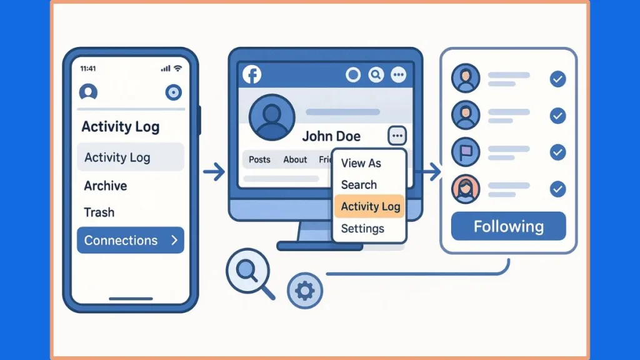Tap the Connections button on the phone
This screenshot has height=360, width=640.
point(130,240)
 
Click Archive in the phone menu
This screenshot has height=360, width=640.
point(106,186)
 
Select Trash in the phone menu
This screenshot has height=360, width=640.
point(99,212)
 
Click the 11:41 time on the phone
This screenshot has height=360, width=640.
point(88,68)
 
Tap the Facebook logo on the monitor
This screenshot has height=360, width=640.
point(251,75)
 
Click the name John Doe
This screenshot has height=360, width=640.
point(340,136)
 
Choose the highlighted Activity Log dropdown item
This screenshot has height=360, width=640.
point(370,206)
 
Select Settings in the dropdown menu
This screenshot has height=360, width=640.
point(362,228)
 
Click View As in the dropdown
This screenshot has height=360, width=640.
point(361,163)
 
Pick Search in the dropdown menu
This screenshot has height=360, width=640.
point(359,184)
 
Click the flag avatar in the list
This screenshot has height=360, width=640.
point(465,152)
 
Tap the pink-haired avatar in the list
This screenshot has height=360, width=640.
point(465,189)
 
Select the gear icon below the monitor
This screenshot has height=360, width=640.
point(304,291)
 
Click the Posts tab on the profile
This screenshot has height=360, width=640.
point(259,159)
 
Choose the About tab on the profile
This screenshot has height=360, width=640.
point(295,159)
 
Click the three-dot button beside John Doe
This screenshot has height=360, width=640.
point(397,135)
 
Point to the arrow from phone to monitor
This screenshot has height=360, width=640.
point(214,172)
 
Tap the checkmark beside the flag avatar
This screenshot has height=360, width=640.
point(557,152)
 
